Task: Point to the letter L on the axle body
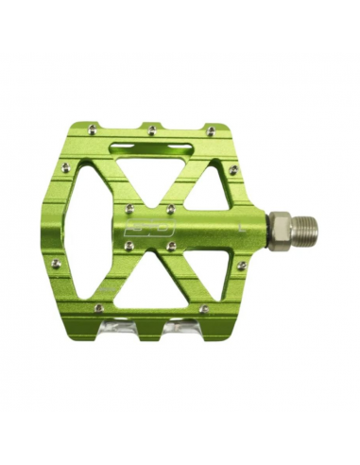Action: coord(241,227)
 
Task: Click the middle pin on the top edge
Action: coord(152,125)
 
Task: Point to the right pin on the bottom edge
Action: coord(203,308)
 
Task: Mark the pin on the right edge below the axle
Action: coord(241,266)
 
